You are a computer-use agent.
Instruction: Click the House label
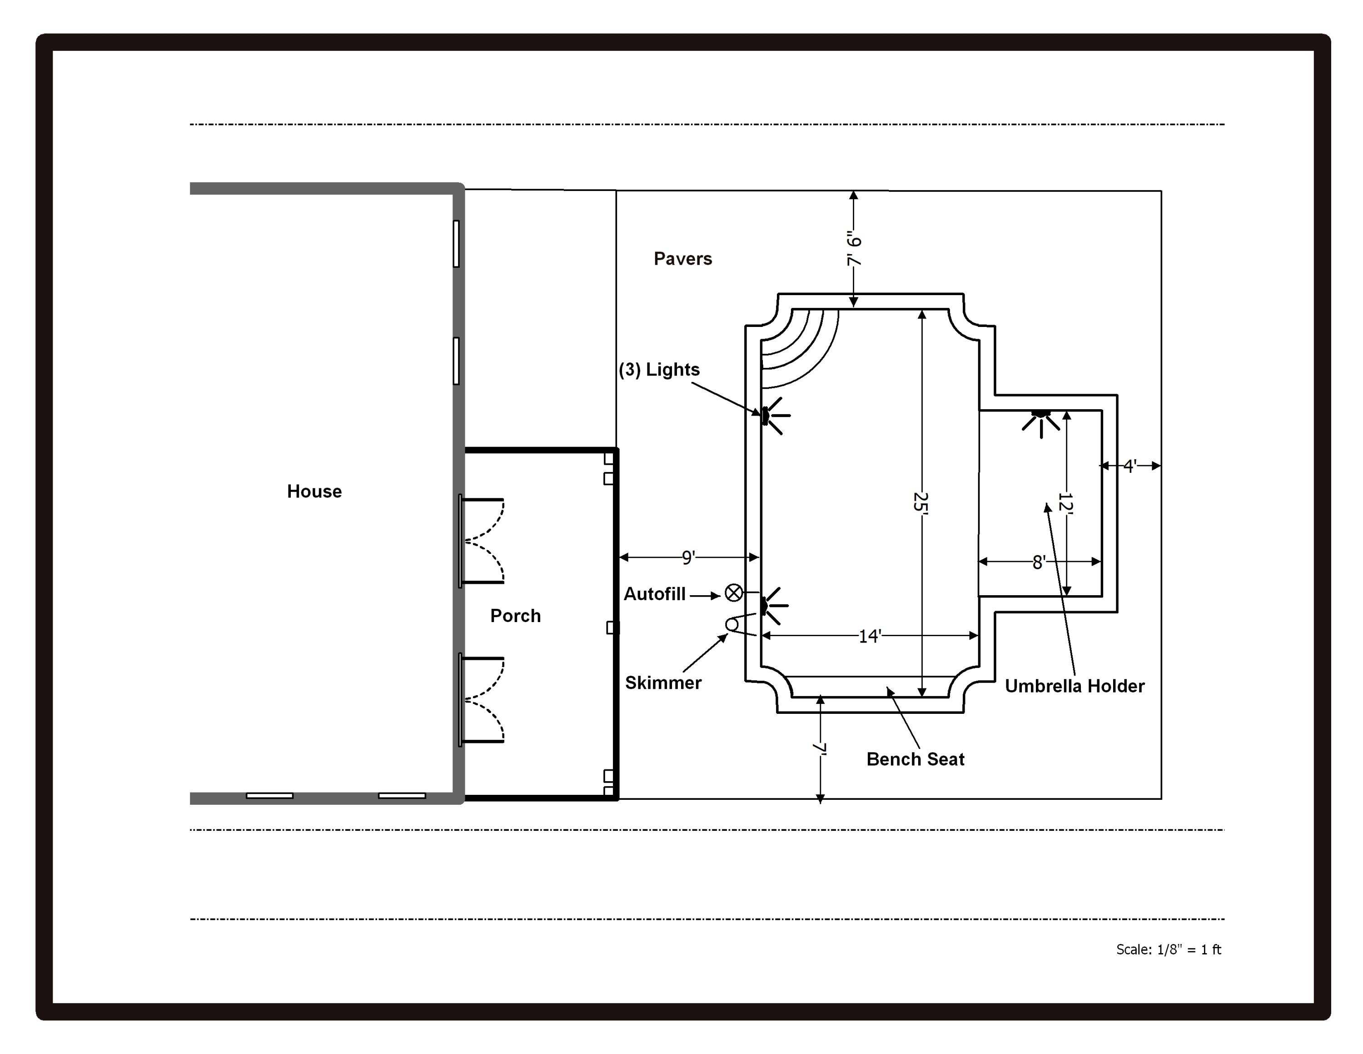tap(314, 492)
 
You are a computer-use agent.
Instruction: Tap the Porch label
tap(515, 616)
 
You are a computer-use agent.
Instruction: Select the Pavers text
tap(682, 259)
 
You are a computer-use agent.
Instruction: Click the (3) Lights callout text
tap(659, 370)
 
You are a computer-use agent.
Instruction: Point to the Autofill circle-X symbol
tap(733, 592)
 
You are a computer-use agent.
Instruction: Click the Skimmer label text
tap(663, 683)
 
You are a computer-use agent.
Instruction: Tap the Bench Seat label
tap(915, 759)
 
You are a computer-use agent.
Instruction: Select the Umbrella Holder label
tap(1074, 686)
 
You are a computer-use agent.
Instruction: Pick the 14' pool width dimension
tap(869, 636)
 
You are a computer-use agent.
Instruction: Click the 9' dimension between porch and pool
tap(688, 557)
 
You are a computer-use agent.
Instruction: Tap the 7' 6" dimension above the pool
tap(853, 249)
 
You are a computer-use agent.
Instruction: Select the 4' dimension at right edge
tap(1129, 466)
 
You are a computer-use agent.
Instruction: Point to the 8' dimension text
tap(1039, 562)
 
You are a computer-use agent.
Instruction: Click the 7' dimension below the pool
tap(820, 749)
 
